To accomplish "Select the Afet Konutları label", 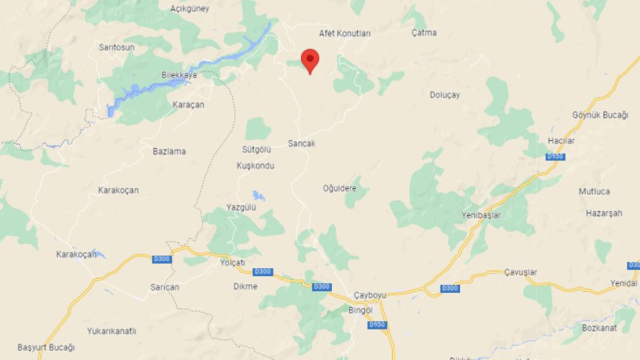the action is point(345,33).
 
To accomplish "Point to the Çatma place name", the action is point(424,33).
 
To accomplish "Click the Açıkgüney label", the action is point(189,9).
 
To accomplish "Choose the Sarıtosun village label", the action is point(116,47).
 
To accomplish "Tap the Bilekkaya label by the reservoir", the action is point(179,75).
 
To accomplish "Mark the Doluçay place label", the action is point(445,95).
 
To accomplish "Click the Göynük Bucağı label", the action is point(600,115).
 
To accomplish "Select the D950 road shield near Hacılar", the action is point(555,156).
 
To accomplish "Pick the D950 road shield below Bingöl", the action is point(377,325).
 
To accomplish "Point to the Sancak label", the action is point(301,143).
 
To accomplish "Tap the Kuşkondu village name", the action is point(255,166).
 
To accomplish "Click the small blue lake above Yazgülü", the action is point(259,195).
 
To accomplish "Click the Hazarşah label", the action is point(604,213).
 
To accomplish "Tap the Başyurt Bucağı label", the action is point(46,347).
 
